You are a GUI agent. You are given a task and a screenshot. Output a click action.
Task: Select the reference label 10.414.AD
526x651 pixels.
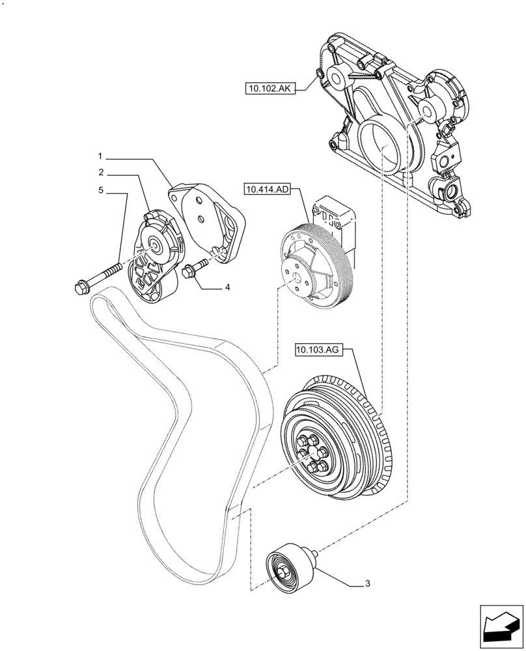[x=266, y=190]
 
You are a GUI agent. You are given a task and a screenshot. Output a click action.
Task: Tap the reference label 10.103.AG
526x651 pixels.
[x=317, y=350]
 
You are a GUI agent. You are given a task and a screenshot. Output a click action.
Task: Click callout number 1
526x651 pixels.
[x=100, y=156]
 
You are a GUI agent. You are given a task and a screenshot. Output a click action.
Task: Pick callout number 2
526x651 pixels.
[x=100, y=173]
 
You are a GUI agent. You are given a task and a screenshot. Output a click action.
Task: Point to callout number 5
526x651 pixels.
[x=100, y=191]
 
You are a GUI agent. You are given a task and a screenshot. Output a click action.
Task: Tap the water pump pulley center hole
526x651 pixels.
[x=296, y=281]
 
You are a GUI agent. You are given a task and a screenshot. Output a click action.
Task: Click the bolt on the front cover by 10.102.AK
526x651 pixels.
[x=319, y=73]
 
